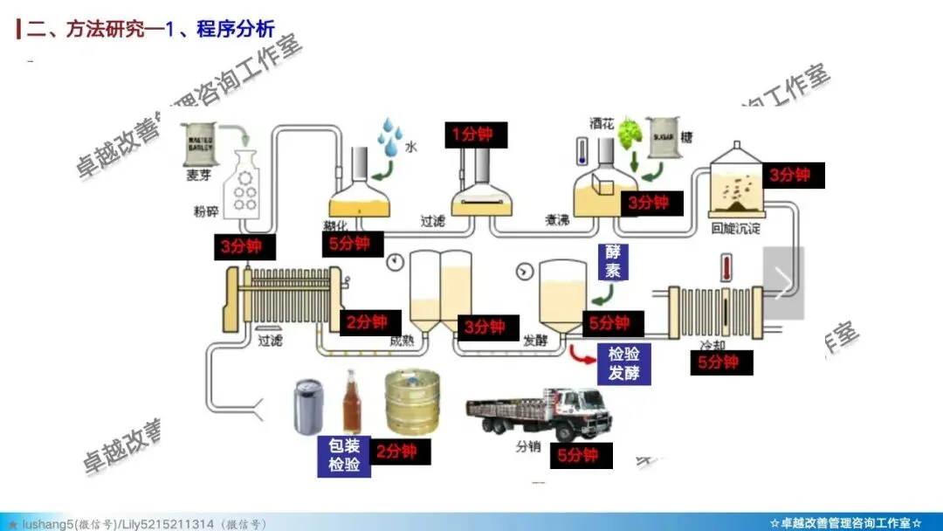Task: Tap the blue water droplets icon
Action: [x=389, y=135]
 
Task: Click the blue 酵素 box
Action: [x=613, y=261]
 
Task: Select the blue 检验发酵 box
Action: [x=624, y=363]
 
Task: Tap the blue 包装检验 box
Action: [x=344, y=455]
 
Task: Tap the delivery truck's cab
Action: [x=583, y=413]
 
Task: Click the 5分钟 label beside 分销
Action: [x=577, y=455]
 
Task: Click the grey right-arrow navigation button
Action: [x=783, y=282]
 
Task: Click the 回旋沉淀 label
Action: [x=735, y=229]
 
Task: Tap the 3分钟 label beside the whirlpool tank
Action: [x=794, y=175]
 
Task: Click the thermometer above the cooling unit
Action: [x=725, y=267]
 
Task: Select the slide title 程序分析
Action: [x=236, y=29]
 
